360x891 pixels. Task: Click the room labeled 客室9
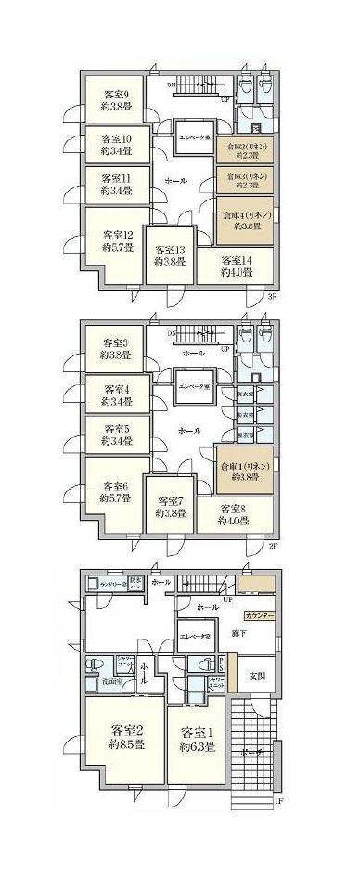pyautogui.click(x=116, y=98)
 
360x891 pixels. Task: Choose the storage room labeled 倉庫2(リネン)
pyautogui.click(x=244, y=150)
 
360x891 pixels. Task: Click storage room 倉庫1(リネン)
pyautogui.click(x=245, y=470)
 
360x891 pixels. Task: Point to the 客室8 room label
pyautogui.click(x=237, y=513)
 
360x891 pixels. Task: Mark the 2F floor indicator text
pyautogui.click(x=272, y=546)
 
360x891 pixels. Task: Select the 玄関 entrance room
pyautogui.click(x=257, y=673)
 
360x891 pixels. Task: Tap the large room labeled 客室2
pyautogui.click(x=126, y=736)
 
